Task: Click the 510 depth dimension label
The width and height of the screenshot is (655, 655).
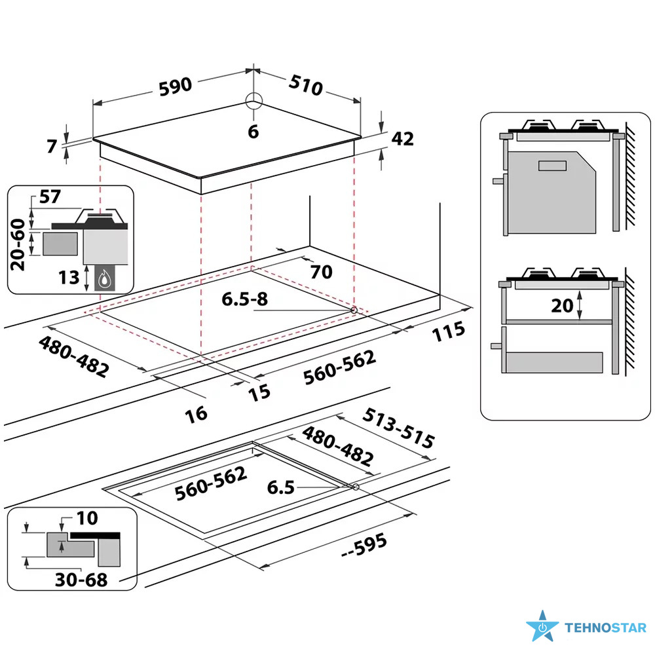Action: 306,84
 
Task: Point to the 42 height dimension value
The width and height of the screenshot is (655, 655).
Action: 403,139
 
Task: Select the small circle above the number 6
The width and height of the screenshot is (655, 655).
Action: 253,101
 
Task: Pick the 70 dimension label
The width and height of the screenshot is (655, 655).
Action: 322,271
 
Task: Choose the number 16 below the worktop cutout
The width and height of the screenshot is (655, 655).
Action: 196,413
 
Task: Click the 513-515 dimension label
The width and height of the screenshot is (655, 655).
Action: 399,428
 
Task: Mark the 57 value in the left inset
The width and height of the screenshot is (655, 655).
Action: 49,196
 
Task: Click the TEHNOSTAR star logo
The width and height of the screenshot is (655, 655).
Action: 542,627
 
